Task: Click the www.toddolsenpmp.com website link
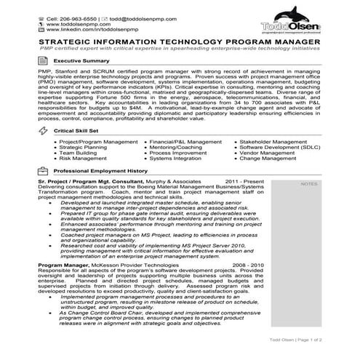point(72,22)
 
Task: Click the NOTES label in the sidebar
point(309,183)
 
